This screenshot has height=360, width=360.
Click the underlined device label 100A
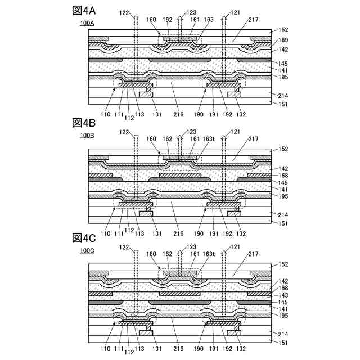coord(87,23)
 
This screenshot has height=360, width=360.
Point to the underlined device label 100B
coord(87,136)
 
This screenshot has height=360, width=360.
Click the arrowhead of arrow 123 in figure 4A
coord(180,17)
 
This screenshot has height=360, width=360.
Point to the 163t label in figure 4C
coord(210,254)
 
